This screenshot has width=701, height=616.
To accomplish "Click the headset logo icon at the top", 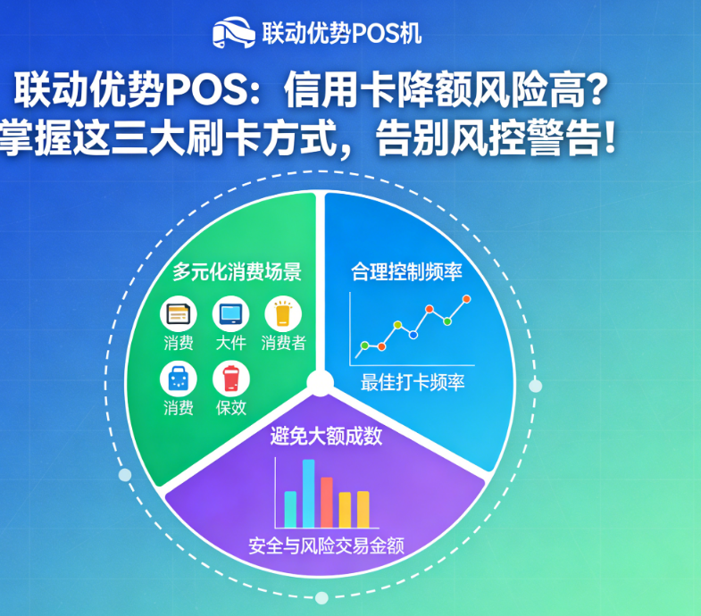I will pos(231,33).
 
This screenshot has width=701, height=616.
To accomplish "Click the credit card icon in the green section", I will pos(178,315).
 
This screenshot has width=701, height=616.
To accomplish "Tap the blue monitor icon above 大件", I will pos(230,315).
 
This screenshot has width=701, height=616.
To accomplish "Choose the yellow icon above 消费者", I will pos(283,315).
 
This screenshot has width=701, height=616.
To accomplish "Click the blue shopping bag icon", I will pos(178,379).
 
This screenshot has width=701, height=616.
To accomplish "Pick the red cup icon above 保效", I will pos(231,379).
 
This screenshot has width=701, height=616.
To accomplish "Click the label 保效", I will pos(231,408).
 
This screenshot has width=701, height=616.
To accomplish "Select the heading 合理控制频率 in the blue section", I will pos(412,271).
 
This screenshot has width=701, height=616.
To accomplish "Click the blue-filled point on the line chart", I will pos(413,334).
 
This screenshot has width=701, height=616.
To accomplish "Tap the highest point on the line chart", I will pos(466,299).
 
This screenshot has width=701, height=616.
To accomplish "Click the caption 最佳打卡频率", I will pos(413,383).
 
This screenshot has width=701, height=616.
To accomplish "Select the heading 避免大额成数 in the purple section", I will pos(326,437).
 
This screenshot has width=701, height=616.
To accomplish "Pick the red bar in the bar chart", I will pos(327,502).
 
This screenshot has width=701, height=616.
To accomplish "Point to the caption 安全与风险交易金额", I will pos(326,545).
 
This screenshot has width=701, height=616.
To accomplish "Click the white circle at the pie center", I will pos(320,384).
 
